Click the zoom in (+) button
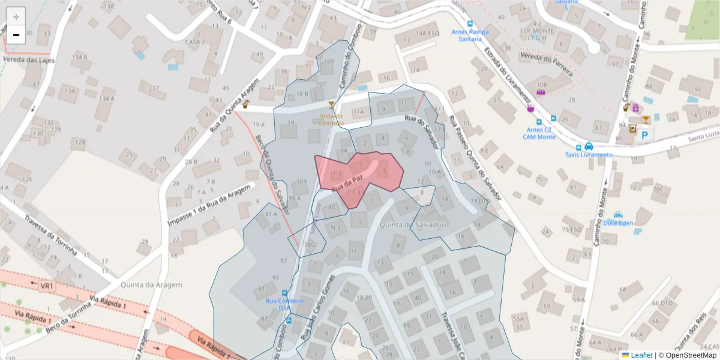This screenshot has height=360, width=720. pyautogui.click(x=16, y=17)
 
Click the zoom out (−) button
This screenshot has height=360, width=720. pyautogui.click(x=16, y=35)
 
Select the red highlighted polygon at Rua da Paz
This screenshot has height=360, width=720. pyautogui.click(x=360, y=174)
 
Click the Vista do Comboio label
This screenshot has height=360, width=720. pyautogui.click(x=331, y=119)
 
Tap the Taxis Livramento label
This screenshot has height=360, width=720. pyautogui.click(x=589, y=155)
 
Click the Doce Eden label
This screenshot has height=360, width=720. pyautogui.click(x=618, y=223)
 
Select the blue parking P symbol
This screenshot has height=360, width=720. pyautogui.click(x=645, y=135)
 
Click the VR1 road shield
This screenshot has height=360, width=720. pyautogui.click(x=47, y=287)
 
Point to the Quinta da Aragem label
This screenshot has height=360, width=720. pyautogui.click(x=151, y=285)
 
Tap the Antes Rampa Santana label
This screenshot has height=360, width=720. pyautogui.click(x=466, y=35)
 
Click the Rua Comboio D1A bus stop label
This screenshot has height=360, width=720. pyautogui.click(x=284, y=304)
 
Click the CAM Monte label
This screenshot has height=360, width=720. pyautogui.click(x=539, y=137)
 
